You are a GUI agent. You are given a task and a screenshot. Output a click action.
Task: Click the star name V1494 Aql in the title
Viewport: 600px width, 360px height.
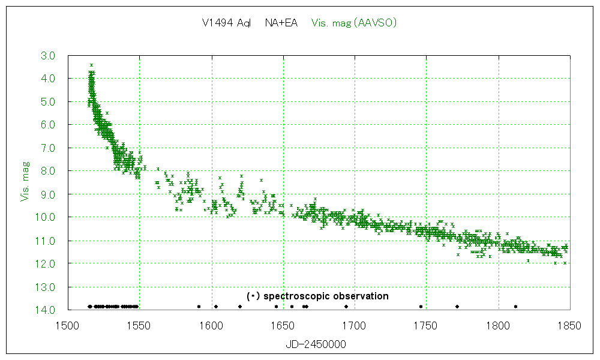(226, 23)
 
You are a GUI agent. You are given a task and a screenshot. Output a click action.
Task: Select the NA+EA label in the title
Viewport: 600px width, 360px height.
(281, 23)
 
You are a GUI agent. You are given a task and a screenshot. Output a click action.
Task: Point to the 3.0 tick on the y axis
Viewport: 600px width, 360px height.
(49, 56)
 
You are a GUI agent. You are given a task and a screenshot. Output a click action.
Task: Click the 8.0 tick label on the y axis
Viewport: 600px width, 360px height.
(49, 171)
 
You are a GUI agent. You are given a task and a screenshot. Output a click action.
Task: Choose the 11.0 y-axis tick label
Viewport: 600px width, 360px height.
(47, 241)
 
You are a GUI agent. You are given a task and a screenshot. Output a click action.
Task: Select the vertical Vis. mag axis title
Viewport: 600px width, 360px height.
(25, 179)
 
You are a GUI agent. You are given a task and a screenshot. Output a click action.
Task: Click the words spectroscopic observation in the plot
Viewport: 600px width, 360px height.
(326, 296)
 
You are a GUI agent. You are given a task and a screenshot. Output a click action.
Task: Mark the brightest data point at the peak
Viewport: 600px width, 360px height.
(91, 65)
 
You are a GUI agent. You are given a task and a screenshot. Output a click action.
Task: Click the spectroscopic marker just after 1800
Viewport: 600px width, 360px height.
(515, 307)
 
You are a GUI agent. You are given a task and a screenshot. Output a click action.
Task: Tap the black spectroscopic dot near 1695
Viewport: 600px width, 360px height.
(346, 307)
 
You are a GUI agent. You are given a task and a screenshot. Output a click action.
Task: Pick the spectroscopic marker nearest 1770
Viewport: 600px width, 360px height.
(457, 307)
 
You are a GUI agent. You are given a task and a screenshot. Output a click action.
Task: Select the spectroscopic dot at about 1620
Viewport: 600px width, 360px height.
(239, 307)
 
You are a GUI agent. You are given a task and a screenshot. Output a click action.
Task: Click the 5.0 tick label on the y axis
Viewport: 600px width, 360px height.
(49, 102)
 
